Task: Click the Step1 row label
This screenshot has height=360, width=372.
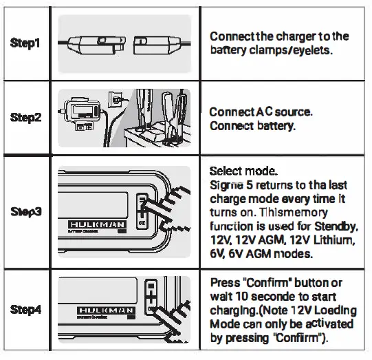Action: pos(25,43)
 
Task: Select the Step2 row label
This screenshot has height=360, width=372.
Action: pos(25,117)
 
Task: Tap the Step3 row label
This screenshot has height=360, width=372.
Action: pos(25,211)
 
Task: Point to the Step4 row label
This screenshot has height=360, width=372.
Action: pos(25,310)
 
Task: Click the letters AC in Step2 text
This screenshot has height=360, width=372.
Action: pos(265,112)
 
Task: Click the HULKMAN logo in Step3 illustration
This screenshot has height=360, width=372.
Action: pos(96,225)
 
